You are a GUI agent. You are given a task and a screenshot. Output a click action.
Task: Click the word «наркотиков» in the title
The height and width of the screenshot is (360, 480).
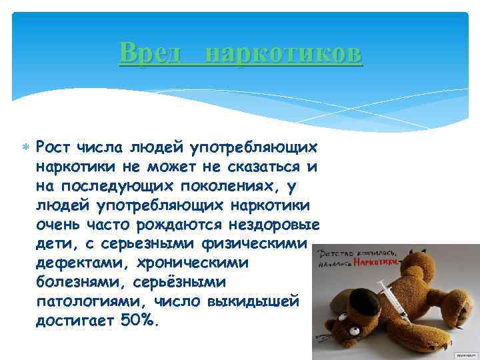[x=283, y=52]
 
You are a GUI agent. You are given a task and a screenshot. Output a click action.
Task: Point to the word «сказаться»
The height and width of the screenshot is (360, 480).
[x=259, y=165]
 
